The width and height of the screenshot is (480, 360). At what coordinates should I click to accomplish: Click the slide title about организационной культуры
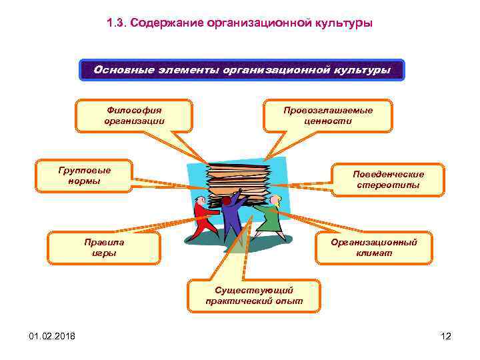coord(240,23)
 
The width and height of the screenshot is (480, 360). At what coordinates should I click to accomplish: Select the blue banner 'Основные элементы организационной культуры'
coord(241,70)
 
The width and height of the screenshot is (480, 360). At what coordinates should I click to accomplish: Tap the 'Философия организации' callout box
coord(134,115)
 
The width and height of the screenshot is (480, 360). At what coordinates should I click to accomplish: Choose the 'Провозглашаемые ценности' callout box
coord(328,115)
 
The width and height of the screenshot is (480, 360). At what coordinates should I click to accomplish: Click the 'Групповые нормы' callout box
coord(84,175)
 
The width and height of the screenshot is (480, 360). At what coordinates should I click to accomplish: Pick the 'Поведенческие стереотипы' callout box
coord(388,179)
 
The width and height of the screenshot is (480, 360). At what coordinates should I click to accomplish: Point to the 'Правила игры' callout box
coord(104,247)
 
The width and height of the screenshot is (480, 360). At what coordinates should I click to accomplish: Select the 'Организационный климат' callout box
coord(374,247)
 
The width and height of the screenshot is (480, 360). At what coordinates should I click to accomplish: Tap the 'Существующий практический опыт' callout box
coord(254,296)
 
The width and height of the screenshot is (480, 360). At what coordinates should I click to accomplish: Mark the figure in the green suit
coord(269,217)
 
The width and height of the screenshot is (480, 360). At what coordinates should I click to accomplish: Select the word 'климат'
coord(374,253)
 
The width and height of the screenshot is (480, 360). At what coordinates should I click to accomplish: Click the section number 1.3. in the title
coord(116,23)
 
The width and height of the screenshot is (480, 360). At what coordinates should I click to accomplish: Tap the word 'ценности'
coord(328,121)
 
